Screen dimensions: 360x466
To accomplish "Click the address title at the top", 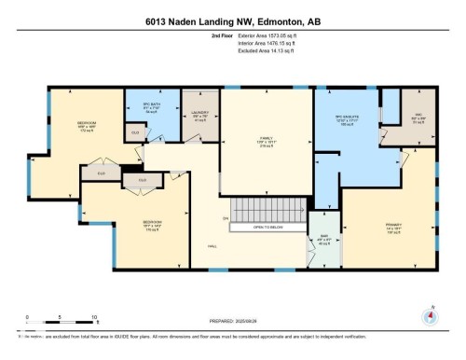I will pyautogui.click(x=232, y=21).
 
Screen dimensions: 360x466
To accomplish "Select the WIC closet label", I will pyautogui.click(x=419, y=118).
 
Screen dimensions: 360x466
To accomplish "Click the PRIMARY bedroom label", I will pyautogui.click(x=393, y=224).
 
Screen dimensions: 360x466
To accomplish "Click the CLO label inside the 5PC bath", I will pyautogui.click(x=136, y=132).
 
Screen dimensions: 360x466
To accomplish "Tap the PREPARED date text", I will pyautogui.click(x=233, y=319).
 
